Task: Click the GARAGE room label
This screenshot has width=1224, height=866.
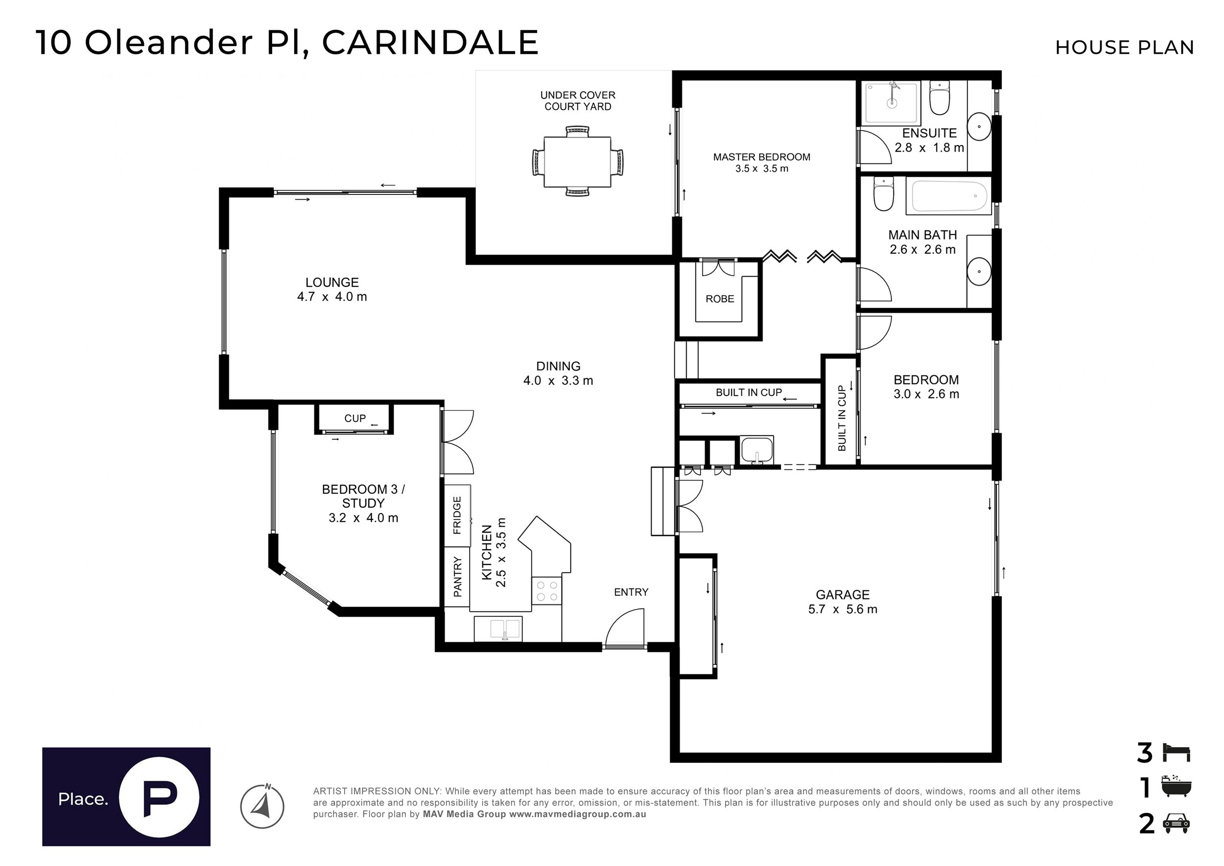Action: pos(842,595)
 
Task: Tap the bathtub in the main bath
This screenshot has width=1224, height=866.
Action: pos(949,196)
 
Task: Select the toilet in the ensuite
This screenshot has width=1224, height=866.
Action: pos(939,97)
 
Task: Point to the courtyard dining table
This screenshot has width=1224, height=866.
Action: pos(578,162)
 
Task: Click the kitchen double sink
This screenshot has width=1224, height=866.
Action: pos(498,629)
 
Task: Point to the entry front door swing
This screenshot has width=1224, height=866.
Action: pos(625,628)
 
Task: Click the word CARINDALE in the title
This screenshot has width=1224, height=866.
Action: pos(430,43)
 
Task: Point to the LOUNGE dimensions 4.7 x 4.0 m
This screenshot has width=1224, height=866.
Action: pos(332,297)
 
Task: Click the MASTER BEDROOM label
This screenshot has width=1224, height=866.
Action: pos(762,157)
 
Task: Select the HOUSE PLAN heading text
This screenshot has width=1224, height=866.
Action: pos(1124,47)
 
